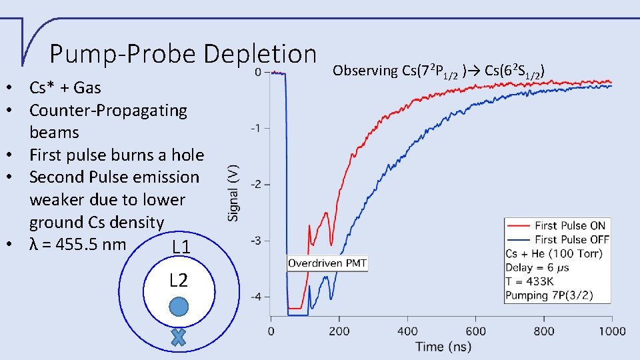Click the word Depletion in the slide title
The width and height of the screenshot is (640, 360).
coord(260,53)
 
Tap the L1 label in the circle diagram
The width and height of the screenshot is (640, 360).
coord(181,248)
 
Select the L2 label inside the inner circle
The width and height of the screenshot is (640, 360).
coord(178,280)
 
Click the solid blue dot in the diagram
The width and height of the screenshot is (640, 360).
coord(178,307)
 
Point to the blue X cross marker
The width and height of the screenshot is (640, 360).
coord(178,337)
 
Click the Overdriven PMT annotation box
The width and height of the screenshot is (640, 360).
coord(327,263)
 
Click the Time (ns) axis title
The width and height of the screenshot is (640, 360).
coord(443,346)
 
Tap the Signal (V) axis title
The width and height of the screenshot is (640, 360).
coord(233,193)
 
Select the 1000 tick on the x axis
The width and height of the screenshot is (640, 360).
coord(612,331)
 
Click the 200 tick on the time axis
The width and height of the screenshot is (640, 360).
coord(340,331)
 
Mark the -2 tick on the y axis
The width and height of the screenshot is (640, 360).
coord(255,185)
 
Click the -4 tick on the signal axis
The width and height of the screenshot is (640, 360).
coord(255,297)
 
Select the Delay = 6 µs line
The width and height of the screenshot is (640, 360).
coord(537,267)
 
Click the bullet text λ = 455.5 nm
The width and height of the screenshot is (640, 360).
coord(77,244)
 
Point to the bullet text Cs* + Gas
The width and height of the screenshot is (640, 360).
coord(65,87)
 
